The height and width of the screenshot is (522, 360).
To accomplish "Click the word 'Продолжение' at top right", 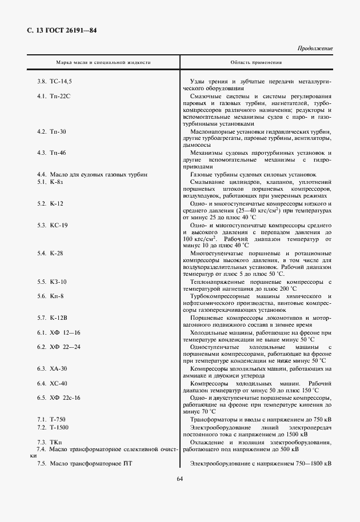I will pyautogui.click(x=315, y=49).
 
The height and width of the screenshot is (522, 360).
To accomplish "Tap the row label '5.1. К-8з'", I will pyautogui.click(x=50, y=181).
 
